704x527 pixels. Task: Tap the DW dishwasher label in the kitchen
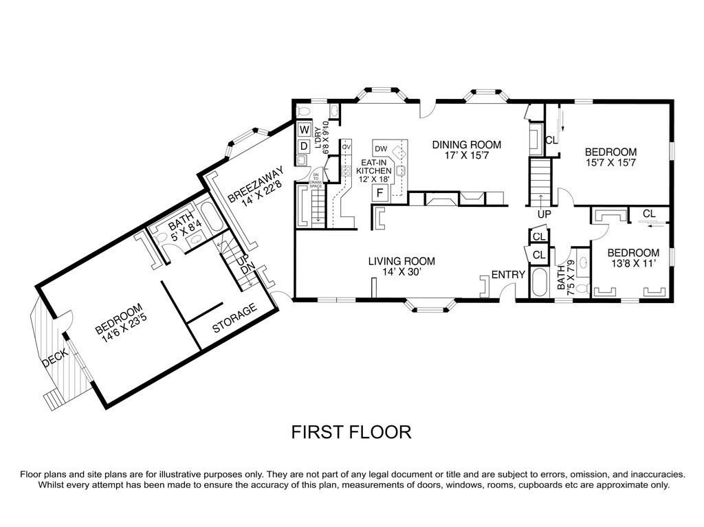381,148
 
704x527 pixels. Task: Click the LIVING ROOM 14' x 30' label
402,267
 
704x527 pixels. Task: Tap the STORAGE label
234,319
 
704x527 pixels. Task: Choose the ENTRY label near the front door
509,275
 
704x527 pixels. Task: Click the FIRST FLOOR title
351,432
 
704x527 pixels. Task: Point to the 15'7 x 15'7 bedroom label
610,158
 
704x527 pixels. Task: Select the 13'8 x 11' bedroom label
633,258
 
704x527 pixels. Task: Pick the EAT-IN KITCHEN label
373,170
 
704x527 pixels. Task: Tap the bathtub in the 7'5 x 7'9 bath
539,283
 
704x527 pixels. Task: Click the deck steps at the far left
52,397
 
